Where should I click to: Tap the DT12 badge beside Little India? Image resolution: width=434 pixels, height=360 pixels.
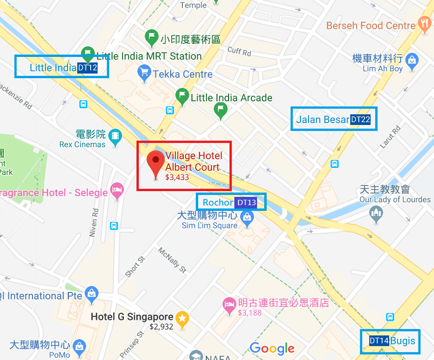(87, 68)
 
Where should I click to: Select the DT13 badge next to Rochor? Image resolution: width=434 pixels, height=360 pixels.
(246, 203)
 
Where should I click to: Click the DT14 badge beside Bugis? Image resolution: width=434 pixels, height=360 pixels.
(379, 341)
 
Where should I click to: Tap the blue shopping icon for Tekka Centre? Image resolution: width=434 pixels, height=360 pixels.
(144, 73)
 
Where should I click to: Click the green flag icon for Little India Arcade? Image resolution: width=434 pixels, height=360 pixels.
(182, 95)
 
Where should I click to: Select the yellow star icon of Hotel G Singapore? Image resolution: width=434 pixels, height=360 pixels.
(182, 318)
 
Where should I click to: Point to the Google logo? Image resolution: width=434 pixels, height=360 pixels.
(272, 348)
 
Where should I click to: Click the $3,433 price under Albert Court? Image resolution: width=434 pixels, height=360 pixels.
(177, 178)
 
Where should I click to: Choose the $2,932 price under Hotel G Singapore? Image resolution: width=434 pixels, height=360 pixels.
(161, 327)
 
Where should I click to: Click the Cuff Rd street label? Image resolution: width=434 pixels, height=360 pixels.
(239, 52)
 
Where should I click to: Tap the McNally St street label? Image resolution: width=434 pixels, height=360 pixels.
(172, 260)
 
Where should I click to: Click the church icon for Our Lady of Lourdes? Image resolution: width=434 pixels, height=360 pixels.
(377, 212)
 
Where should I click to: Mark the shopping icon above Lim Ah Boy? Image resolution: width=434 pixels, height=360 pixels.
(412, 60)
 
